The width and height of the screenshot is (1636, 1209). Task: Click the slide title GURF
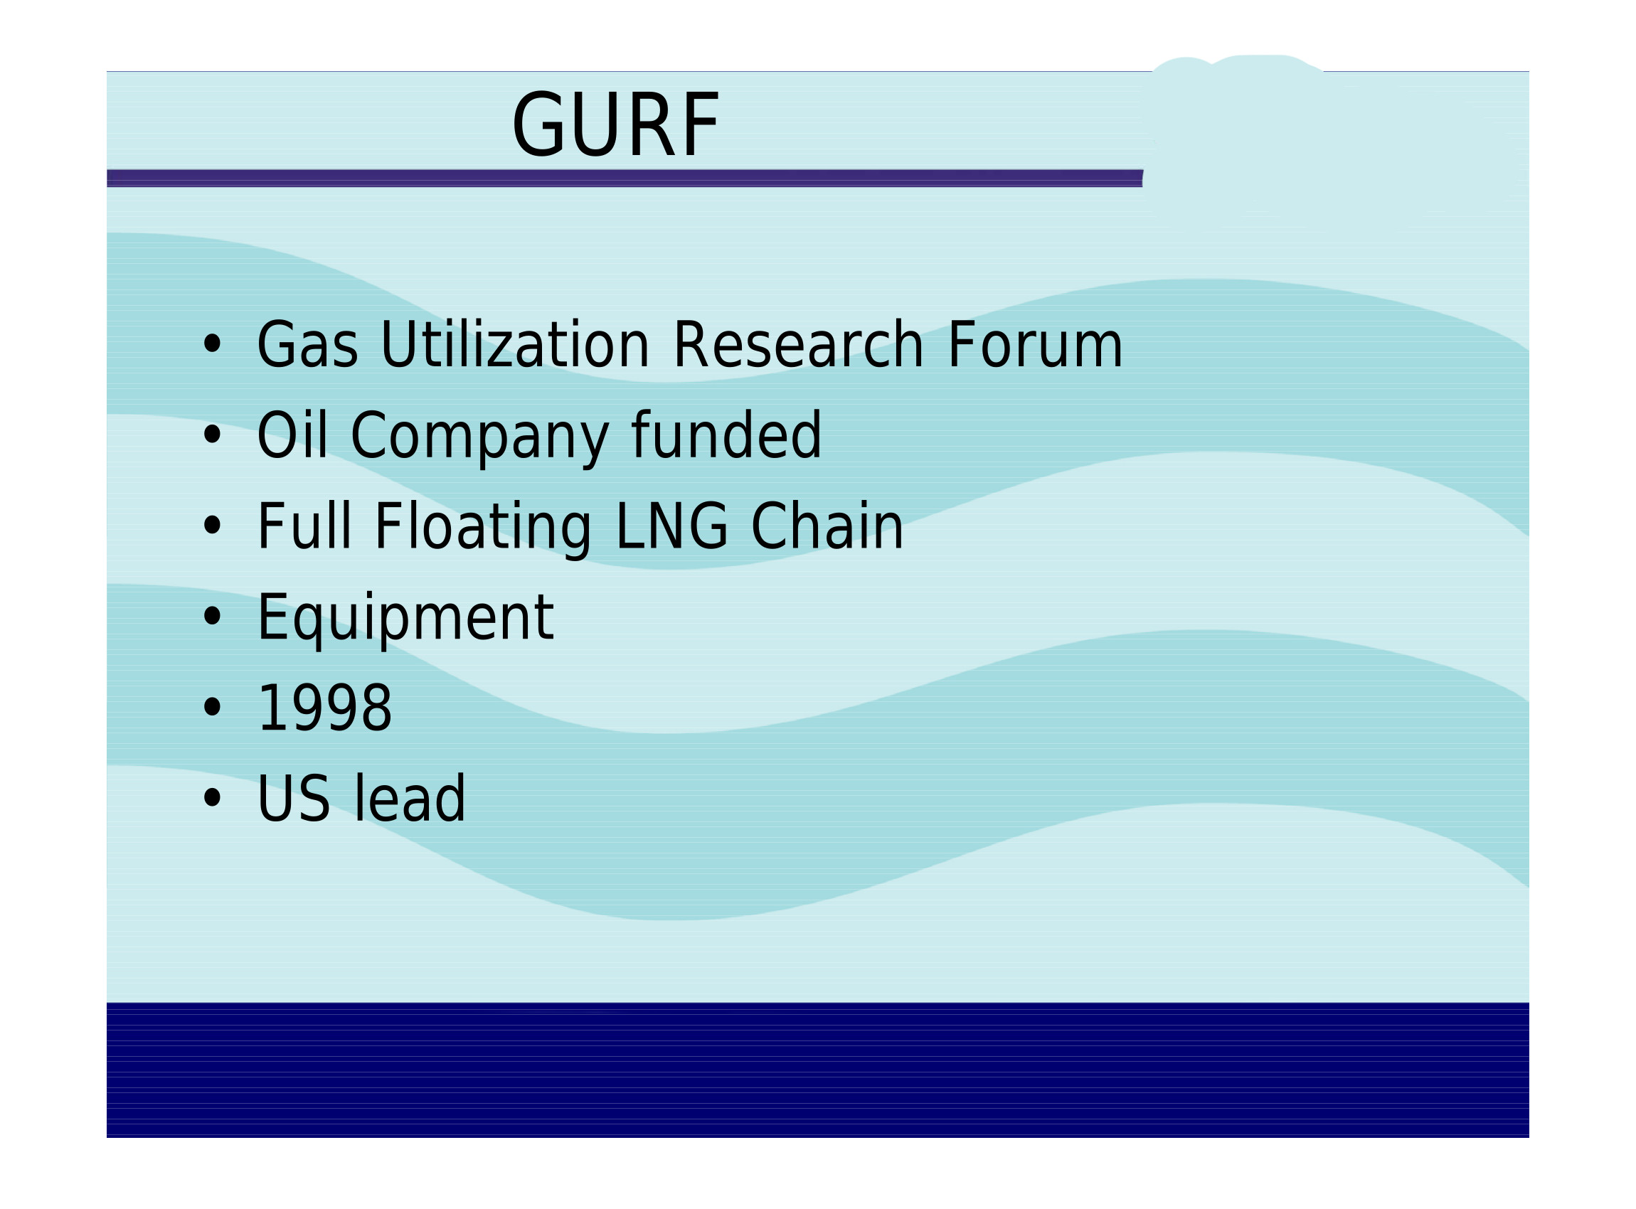(x=615, y=124)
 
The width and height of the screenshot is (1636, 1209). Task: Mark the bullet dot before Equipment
(x=212, y=617)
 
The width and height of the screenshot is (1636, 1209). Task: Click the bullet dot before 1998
(x=212, y=708)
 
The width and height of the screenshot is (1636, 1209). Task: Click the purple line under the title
(x=625, y=179)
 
